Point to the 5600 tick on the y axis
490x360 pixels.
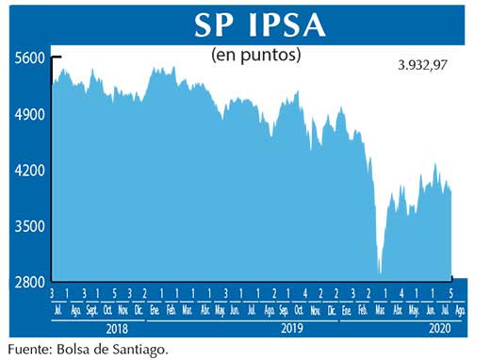point(28,57)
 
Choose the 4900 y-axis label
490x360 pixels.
point(28,114)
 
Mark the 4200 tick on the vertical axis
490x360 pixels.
point(28,171)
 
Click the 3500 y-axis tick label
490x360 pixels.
point(28,226)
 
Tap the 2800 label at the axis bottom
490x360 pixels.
point(28,282)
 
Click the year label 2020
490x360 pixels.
point(440,329)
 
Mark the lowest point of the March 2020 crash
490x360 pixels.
point(381,274)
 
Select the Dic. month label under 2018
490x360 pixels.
point(139,309)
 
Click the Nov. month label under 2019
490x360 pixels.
point(313,309)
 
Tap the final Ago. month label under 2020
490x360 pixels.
point(459,309)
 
